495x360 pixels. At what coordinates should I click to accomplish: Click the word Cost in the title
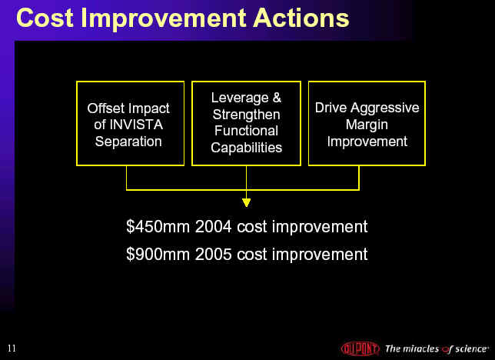coord(45,18)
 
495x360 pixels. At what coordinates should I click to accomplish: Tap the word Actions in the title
coord(301,18)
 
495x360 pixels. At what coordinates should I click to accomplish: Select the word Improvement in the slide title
coord(163,19)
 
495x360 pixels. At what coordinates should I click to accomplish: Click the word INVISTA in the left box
coord(136,125)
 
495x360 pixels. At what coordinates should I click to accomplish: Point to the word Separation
coord(128,142)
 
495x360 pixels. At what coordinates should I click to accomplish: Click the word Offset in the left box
coord(106,108)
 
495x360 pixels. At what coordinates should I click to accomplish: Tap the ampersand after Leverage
coord(277,98)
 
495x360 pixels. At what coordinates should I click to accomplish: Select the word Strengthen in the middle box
coord(246,115)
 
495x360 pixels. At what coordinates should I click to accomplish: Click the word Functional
coord(246,131)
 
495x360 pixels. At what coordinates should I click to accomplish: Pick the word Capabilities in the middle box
coord(246,148)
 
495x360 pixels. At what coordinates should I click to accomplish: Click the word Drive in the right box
coord(331,108)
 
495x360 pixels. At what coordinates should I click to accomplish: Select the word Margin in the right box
coord(367,125)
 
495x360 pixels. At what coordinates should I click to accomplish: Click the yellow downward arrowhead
coord(246,202)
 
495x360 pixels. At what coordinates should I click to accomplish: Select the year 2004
coord(213,227)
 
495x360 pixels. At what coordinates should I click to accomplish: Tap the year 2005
coord(213,254)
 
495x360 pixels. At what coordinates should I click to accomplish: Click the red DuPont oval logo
coord(360,348)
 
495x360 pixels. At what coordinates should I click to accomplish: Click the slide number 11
coord(12,348)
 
